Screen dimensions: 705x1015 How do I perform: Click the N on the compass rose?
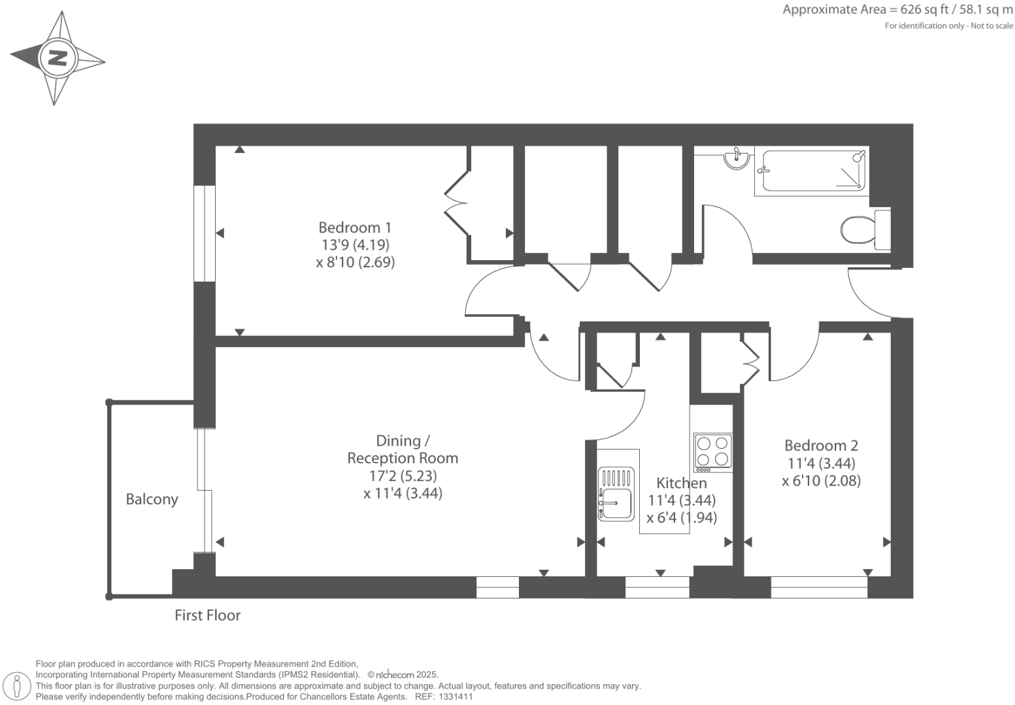click(x=58, y=58)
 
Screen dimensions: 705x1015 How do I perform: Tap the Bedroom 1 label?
click(x=355, y=227)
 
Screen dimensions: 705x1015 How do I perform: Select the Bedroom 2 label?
click(x=821, y=446)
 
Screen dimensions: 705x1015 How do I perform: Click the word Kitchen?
click(x=682, y=483)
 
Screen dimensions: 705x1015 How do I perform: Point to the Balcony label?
click(x=152, y=499)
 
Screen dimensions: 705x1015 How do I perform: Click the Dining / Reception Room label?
click(x=402, y=450)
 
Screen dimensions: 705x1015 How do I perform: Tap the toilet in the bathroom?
click(x=863, y=230)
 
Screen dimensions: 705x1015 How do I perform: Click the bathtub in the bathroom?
click(x=812, y=172)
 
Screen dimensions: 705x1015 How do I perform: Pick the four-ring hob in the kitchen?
click(x=712, y=451)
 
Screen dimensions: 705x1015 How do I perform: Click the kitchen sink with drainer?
click(x=616, y=493)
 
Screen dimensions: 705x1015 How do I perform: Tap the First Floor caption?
click(x=207, y=615)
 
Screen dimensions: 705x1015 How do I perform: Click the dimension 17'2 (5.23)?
click(x=403, y=476)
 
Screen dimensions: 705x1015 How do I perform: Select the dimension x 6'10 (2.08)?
click(x=821, y=481)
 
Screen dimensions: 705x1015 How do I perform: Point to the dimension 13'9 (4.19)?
click(x=355, y=245)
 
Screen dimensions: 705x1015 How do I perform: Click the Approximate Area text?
click(x=897, y=10)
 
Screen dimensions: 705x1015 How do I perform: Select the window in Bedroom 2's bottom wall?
click(x=819, y=587)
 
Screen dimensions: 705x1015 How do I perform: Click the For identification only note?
click(x=948, y=26)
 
